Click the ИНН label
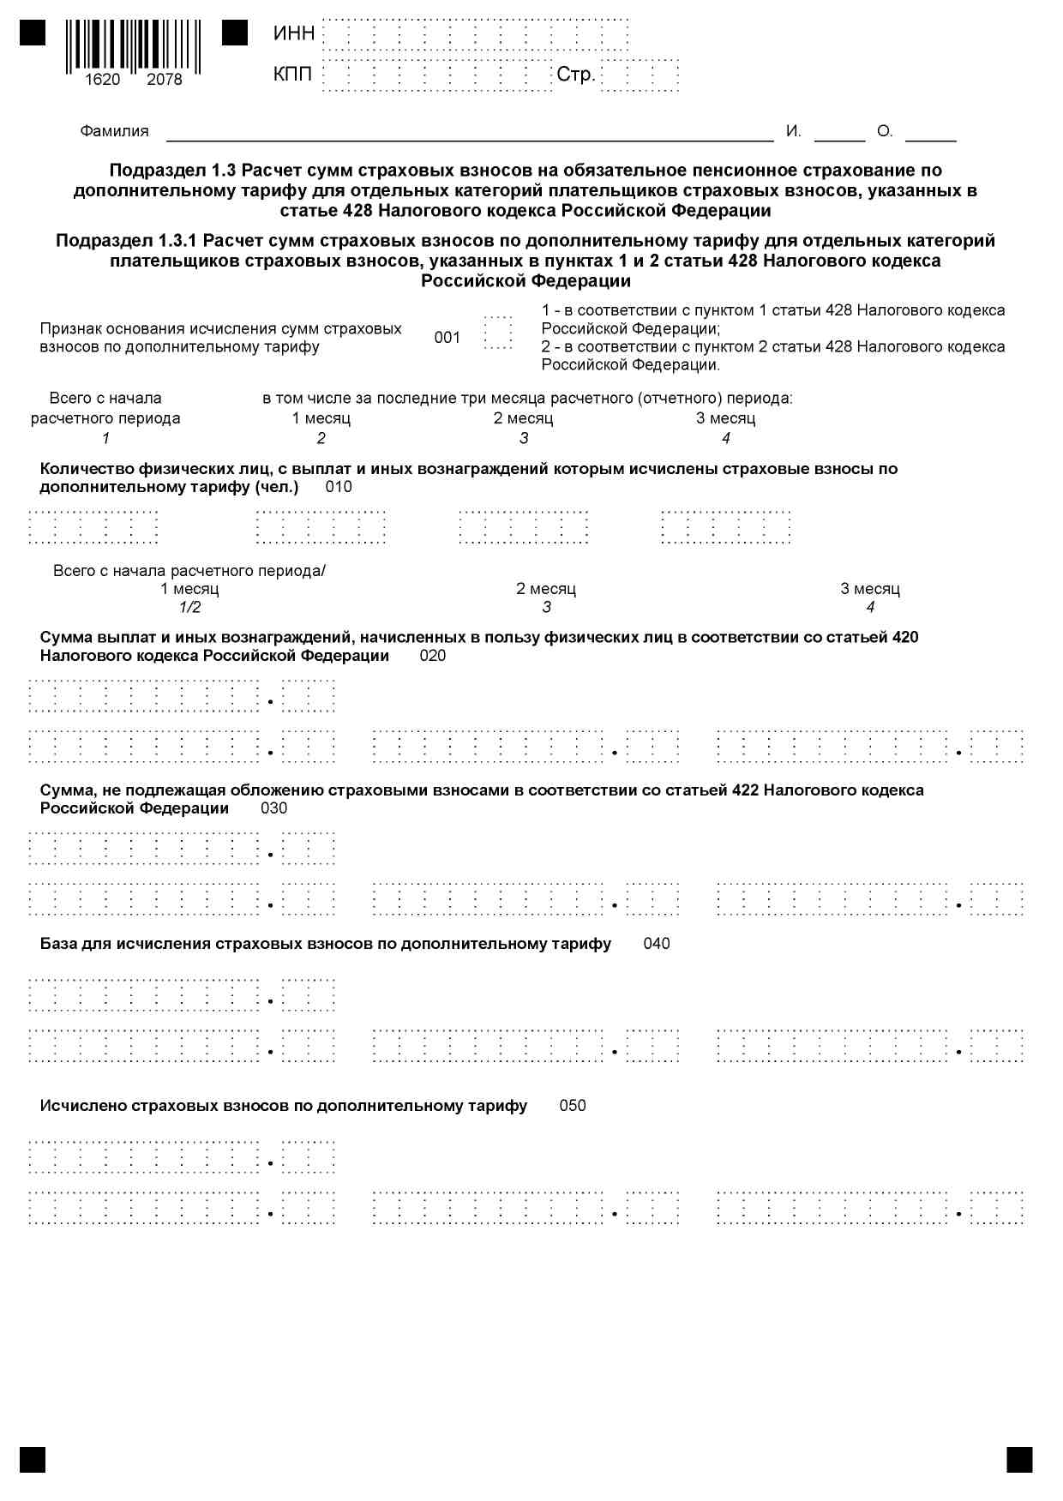click(294, 33)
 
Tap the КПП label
click(293, 75)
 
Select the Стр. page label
click(575, 75)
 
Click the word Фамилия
click(114, 131)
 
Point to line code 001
click(447, 338)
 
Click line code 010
click(339, 488)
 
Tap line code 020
click(433, 657)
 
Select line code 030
click(274, 808)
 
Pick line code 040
click(657, 944)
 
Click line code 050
click(573, 1106)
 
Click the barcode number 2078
click(165, 80)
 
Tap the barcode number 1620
click(103, 80)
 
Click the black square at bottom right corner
click(1019, 1460)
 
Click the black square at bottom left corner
click(33, 1460)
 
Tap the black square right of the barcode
click(235, 33)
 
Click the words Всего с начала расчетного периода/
click(189, 571)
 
